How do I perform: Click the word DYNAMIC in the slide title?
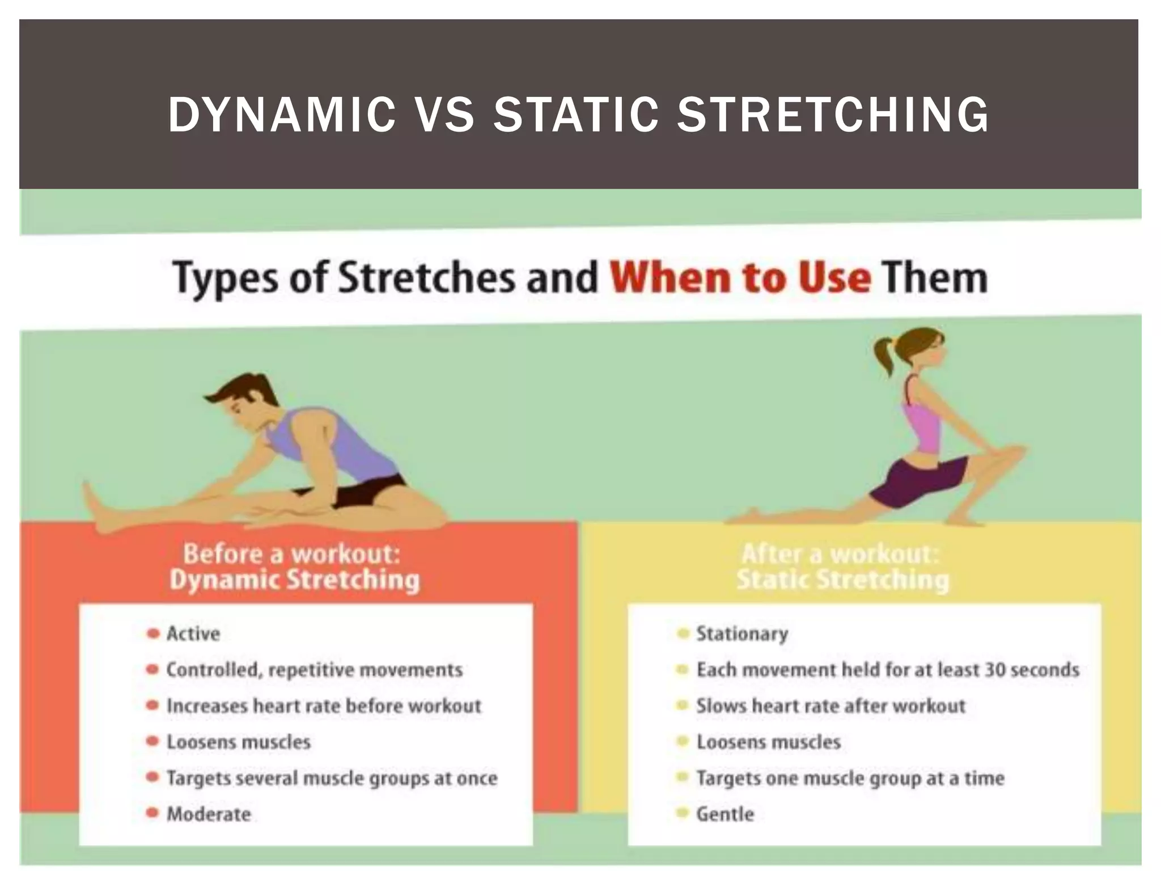tap(282, 115)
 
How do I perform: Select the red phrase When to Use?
tap(740, 278)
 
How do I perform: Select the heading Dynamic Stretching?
tap(295, 580)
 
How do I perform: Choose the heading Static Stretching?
tap(842, 580)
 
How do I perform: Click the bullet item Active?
tap(193, 633)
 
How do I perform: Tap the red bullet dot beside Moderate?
tap(152, 813)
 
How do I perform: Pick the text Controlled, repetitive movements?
tap(314, 670)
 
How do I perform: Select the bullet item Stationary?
tap(742, 633)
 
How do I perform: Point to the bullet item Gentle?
tap(725, 814)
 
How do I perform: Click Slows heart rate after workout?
tap(831, 706)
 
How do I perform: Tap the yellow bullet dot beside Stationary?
tap(683, 633)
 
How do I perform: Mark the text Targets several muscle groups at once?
tap(332, 778)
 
